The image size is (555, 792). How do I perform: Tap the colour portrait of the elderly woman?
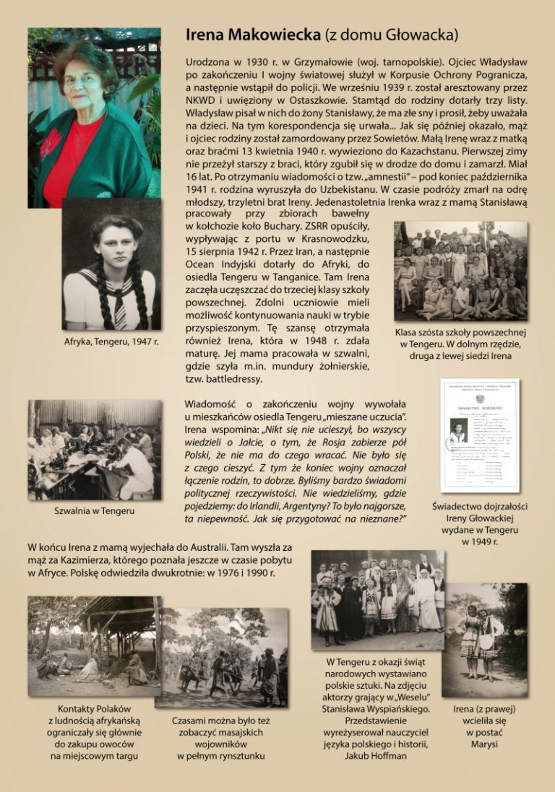[x=90, y=116]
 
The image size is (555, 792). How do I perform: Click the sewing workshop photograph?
[x=95, y=449]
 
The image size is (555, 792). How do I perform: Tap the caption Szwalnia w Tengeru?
[x=94, y=511]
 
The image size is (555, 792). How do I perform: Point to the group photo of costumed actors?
[x=377, y=600]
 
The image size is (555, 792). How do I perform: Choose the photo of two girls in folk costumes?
[x=485, y=640]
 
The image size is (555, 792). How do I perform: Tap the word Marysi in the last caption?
[x=484, y=744]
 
